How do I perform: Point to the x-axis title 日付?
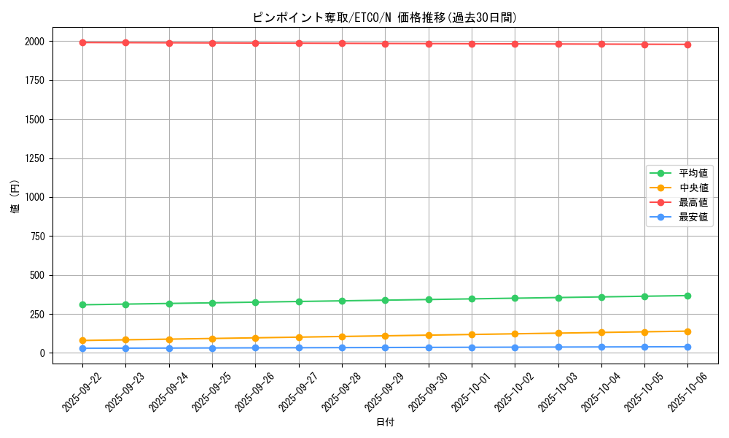(x=385, y=423)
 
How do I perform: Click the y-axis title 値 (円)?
(x=15, y=197)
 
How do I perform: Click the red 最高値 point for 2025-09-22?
(x=82, y=42)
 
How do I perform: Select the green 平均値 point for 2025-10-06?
(x=688, y=296)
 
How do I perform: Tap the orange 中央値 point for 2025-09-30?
(x=429, y=335)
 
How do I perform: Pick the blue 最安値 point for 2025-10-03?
(x=558, y=347)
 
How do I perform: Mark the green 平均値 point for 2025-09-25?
(x=212, y=303)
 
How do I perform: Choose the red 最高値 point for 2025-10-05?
(x=644, y=45)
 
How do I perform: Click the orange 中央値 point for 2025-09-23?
(x=125, y=339)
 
